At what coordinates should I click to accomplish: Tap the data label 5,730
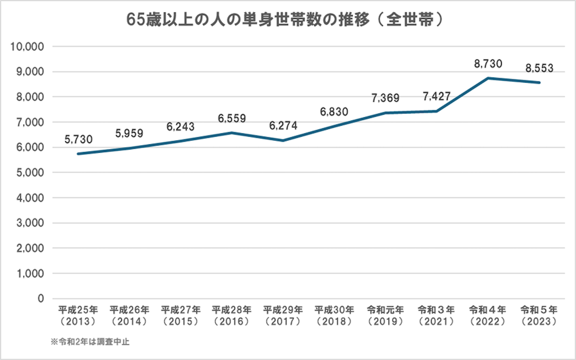coord(79,139)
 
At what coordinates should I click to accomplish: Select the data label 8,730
coord(488,64)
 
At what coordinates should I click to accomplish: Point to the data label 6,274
coord(283,126)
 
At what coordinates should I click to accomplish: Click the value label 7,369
coord(385,98)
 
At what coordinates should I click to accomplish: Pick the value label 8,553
coord(539,68)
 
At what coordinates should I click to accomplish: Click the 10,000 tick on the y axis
coord(28,47)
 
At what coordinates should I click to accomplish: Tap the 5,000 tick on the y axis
coord(30,173)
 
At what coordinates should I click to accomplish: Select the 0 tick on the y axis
coord(41,299)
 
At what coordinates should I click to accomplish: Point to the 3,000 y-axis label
coord(30,223)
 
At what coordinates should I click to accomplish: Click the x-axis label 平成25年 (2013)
coord(78,316)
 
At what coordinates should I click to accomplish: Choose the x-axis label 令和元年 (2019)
coord(385,316)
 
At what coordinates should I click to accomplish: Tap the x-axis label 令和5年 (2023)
coord(539,316)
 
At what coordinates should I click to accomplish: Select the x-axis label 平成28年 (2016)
coord(232,316)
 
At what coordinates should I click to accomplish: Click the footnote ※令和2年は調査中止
coord(90,342)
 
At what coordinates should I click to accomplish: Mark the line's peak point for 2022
coord(488,78)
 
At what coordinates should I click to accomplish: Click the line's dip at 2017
coord(283,141)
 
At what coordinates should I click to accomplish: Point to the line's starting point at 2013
coord(78,154)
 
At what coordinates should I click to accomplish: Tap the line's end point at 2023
coord(539,83)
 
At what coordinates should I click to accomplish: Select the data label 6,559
coord(232,118)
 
